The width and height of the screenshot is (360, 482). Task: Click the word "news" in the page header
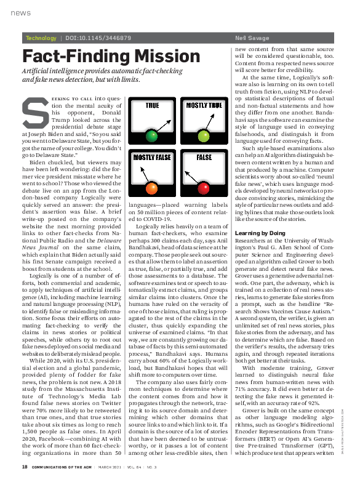tap(20, 12)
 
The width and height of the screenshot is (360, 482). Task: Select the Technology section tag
tap(41, 38)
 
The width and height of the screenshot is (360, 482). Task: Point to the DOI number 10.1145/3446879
tap(98, 38)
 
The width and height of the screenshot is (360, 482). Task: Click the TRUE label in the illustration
tap(152, 106)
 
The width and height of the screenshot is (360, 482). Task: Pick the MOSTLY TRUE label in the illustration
tap(204, 106)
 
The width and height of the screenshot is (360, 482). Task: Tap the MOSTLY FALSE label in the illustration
tap(152, 158)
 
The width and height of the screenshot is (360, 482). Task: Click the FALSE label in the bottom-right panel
tap(204, 158)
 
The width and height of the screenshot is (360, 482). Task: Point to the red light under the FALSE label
tap(204, 187)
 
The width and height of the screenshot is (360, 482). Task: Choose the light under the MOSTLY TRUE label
tap(204, 135)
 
